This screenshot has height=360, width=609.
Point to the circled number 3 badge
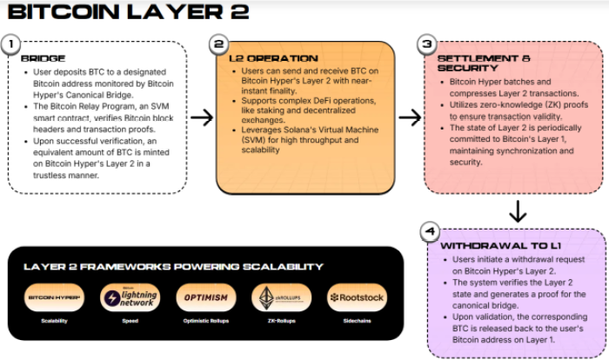click(x=426, y=43)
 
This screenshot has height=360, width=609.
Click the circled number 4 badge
click(x=428, y=231)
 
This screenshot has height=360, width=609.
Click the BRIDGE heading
click(x=43, y=58)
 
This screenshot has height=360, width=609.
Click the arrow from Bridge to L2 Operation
click(x=201, y=117)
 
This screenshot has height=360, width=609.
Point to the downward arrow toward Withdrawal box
click(x=518, y=210)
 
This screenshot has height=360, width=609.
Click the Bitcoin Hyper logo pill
click(x=55, y=297)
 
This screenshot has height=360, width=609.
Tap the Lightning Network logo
click(x=130, y=297)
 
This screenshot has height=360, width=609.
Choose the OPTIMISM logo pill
click(x=206, y=297)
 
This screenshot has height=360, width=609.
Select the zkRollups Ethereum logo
click(x=281, y=297)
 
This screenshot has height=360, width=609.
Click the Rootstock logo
click(x=357, y=297)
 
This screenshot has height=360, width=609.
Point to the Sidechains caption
click(x=357, y=321)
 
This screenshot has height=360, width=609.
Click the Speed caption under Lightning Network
click(x=130, y=321)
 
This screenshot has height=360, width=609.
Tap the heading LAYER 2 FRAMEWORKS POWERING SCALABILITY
click(x=186, y=266)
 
